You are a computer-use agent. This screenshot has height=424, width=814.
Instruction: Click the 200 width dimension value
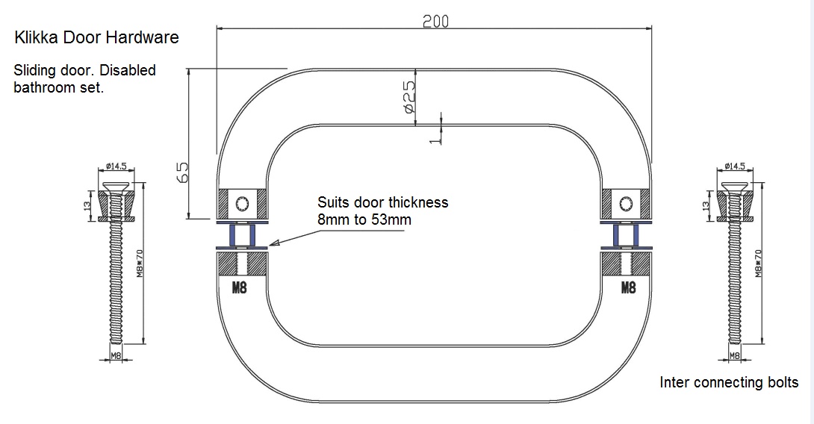(435, 21)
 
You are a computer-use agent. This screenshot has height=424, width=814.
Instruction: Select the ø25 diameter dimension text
(408, 97)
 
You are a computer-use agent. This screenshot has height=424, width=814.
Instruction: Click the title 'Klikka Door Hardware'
(96, 37)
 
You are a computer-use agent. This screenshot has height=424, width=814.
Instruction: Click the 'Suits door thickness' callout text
(382, 202)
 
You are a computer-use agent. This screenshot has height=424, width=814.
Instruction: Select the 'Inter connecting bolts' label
(728, 382)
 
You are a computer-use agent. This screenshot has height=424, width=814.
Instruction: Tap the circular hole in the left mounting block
(240, 202)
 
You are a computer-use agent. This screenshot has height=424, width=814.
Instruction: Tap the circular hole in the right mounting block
(625, 202)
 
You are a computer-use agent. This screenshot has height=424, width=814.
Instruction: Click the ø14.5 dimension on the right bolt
(734, 166)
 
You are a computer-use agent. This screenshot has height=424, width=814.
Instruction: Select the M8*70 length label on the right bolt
(759, 264)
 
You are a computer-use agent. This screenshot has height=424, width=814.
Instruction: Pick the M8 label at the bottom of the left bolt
(116, 356)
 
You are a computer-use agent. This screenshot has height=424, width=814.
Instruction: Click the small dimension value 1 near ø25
(432, 137)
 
